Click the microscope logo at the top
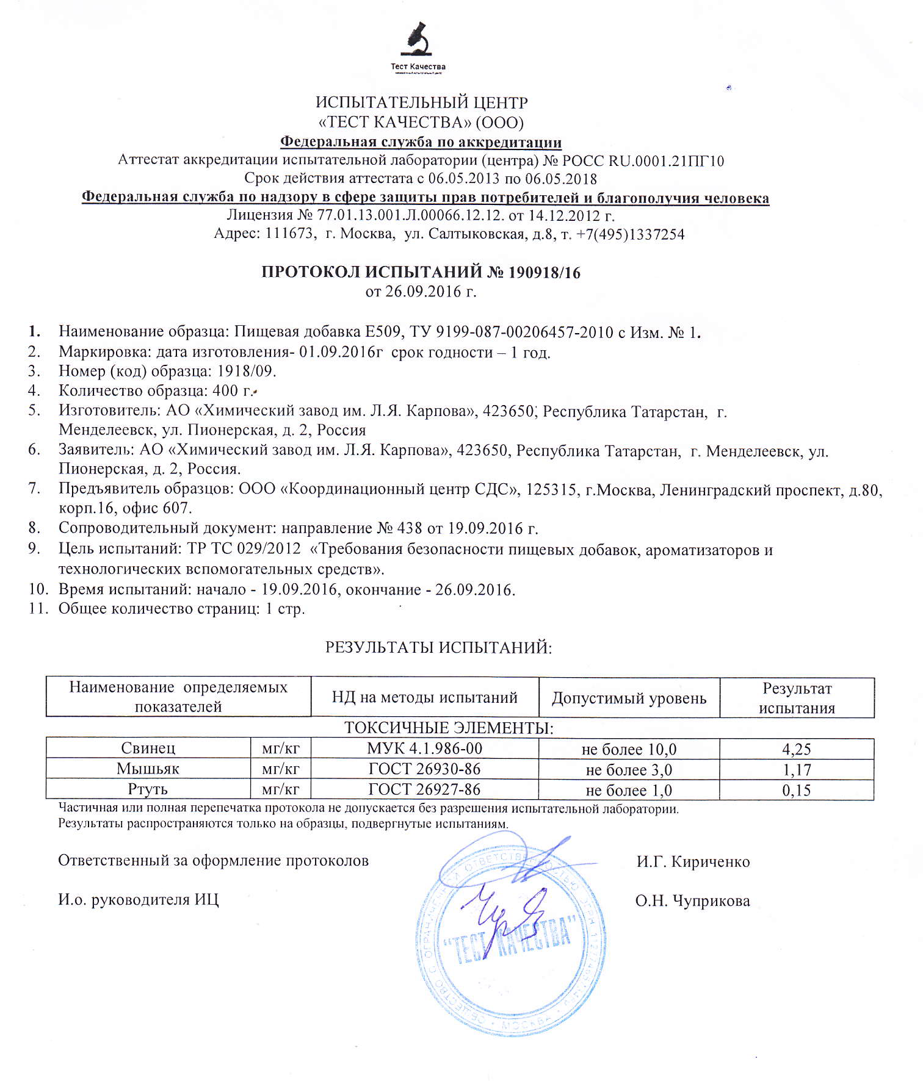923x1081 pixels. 418,40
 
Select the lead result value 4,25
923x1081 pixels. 796,749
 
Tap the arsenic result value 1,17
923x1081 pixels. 797,770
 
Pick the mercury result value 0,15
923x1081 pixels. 796,791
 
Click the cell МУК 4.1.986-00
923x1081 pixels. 424,749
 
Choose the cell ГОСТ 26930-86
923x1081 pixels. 424,769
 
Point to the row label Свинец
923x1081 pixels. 148,749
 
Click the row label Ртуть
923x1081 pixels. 148,789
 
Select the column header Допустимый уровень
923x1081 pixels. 629,698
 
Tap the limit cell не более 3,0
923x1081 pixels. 629,770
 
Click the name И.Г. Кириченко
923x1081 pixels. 693,862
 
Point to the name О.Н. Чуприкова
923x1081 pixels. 692,901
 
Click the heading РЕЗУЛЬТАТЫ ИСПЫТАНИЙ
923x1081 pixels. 438,647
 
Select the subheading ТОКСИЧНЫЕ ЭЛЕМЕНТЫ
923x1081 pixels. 449,728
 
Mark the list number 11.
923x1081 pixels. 38,609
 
